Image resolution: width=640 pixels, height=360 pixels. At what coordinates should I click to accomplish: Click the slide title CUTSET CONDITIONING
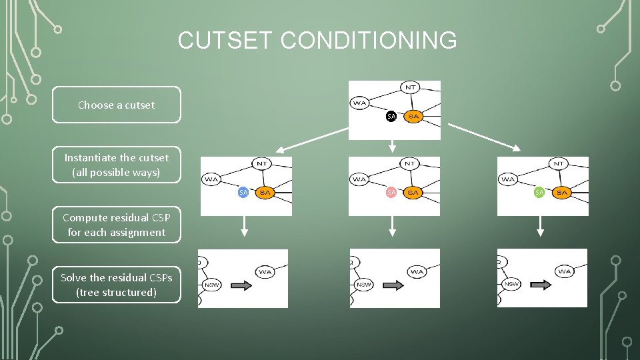pos(317,41)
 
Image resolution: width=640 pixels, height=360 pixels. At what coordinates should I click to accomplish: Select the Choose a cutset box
pos(116,105)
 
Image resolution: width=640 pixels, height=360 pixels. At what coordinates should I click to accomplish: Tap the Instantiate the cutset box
pos(116,165)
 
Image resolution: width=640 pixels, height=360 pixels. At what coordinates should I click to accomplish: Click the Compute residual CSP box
pos(116,225)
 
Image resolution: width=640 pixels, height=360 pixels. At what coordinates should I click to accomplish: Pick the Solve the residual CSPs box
pos(116,285)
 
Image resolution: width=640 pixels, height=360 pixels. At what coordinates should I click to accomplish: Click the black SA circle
pos(391,116)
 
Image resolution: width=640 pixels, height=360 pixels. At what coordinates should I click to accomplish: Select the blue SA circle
pos(243,192)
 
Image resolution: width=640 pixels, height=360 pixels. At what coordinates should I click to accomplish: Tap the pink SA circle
pos(391,192)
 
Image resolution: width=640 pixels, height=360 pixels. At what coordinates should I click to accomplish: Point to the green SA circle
pos(539,192)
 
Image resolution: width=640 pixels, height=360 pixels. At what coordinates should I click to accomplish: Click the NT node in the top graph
pos(410,87)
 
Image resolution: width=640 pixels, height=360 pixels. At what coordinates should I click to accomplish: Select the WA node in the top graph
pos(360,103)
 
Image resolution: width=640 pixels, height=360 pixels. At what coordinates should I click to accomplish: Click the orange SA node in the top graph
pos(413,116)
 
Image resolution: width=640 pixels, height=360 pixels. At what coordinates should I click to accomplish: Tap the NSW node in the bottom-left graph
pos(211,285)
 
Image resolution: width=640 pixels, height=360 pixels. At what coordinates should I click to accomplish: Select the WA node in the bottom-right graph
pos(565,271)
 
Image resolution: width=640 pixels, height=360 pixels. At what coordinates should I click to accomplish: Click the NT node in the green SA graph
pos(559,163)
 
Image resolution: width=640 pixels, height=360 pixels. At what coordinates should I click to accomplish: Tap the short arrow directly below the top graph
pos(393,146)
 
